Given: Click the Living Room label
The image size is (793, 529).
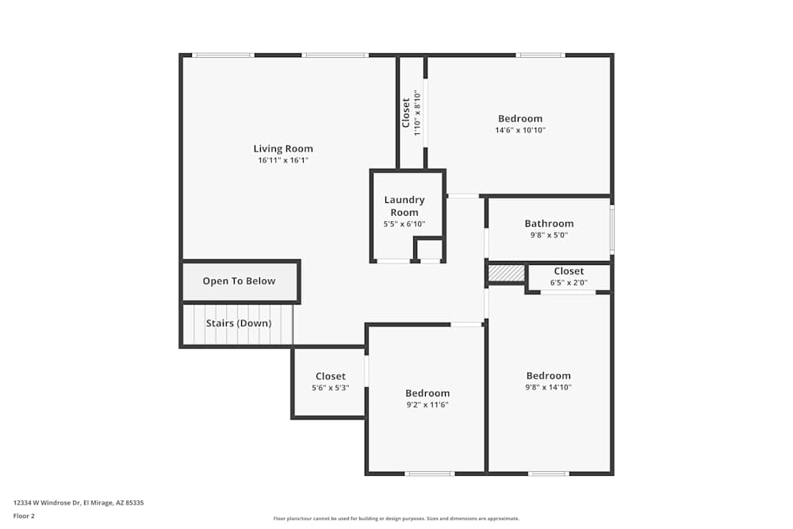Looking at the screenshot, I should coord(283,148).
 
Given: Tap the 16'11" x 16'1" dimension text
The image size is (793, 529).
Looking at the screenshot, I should coord(283,160).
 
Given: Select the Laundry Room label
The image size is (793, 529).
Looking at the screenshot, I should coord(404,206).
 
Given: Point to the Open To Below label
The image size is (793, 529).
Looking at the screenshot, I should coord(239,281).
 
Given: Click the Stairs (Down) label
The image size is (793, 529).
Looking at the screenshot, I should coord(239,323).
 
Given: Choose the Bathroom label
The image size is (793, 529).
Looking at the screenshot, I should coord(549,224).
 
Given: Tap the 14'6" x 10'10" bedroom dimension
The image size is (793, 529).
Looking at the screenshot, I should coord(520,130).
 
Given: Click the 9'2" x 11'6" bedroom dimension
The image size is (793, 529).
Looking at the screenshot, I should coord(427,404).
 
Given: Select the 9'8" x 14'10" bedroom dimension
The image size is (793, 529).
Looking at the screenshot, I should coord(548,388).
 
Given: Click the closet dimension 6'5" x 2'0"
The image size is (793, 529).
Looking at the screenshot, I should coord(569,282).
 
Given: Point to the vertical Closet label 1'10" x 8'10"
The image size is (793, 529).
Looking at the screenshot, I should coord(411,113).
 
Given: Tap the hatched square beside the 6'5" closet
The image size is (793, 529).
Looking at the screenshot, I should coord(506,273).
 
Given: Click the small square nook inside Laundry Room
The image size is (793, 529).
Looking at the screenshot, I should coord(429,249).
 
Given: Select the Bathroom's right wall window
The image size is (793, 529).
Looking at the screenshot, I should coord(611,230).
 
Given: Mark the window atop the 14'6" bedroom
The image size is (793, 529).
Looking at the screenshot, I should coord(540,55).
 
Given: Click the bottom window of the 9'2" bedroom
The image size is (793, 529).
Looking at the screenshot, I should coord(429,473).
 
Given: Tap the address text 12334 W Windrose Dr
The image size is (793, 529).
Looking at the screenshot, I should coord(79,502).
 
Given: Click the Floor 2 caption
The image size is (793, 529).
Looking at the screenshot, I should coord(24,516).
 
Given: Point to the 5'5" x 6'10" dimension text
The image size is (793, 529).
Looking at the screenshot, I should coord(404,224).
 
